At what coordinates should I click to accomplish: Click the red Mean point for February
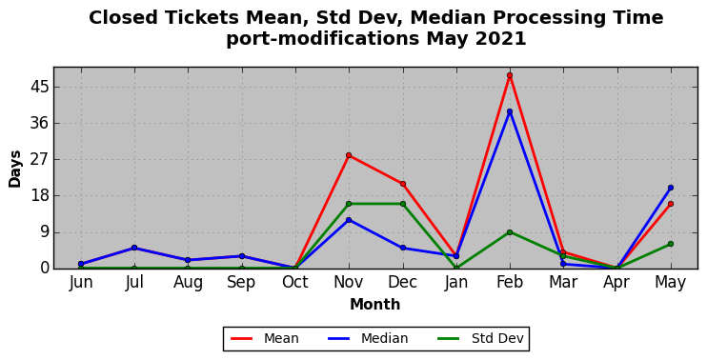(x=510, y=75)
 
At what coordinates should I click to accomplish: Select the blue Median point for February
(x=510, y=111)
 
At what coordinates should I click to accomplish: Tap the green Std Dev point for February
(x=510, y=232)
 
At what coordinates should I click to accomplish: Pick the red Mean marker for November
(x=349, y=155)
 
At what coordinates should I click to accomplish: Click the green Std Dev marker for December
(x=403, y=204)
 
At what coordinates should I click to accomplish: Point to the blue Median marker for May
(x=671, y=188)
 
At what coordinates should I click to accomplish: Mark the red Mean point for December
(x=403, y=184)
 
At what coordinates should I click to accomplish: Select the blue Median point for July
(x=134, y=248)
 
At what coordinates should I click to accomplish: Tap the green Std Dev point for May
(x=671, y=244)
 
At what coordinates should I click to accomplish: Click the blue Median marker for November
(x=349, y=220)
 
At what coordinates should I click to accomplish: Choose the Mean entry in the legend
(x=264, y=338)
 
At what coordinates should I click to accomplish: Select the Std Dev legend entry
(x=480, y=338)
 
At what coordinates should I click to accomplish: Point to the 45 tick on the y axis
(x=39, y=87)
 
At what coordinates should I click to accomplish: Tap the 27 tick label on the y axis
(x=39, y=159)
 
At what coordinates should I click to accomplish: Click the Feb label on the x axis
(x=510, y=283)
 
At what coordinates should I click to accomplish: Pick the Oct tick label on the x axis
(x=294, y=283)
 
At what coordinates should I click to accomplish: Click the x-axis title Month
(x=375, y=305)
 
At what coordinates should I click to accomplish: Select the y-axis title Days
(x=15, y=169)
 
